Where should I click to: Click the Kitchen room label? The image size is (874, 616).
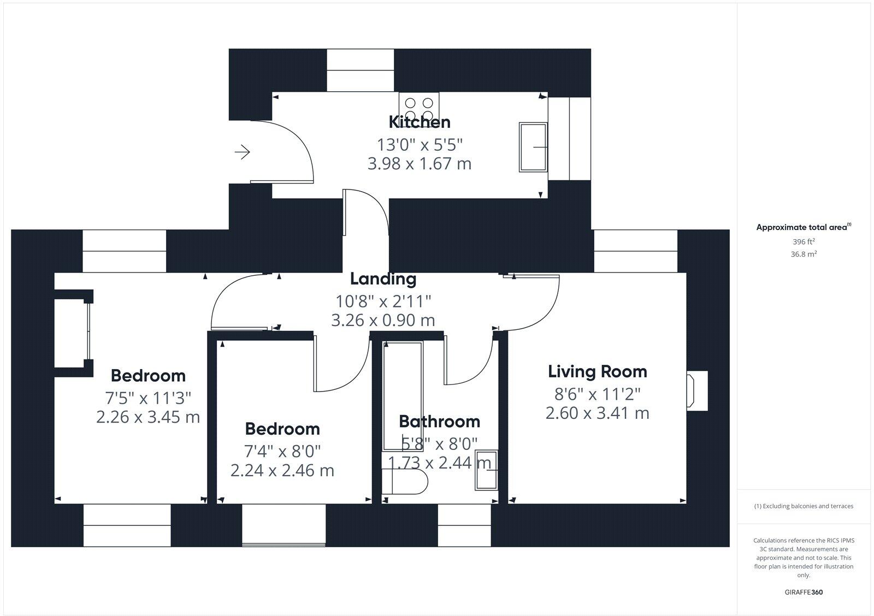[x=419, y=121]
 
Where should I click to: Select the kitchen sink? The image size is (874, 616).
[x=533, y=147]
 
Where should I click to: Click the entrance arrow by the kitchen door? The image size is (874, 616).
[x=242, y=152]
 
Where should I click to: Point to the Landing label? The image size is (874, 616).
[x=383, y=279]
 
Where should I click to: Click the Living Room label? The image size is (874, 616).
[x=597, y=371]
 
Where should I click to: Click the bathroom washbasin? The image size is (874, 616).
[x=486, y=470]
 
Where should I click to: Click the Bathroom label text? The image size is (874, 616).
[x=439, y=421]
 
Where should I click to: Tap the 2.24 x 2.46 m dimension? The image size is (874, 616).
[x=282, y=470]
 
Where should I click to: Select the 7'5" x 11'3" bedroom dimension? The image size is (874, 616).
[x=148, y=397]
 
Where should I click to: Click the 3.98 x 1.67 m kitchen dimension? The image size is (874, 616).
[x=419, y=163]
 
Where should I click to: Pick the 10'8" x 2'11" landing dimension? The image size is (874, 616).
[x=383, y=300]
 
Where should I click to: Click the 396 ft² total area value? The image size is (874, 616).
[x=804, y=241]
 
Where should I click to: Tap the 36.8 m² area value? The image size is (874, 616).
[x=804, y=254]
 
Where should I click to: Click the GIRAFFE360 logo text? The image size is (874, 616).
[x=804, y=592]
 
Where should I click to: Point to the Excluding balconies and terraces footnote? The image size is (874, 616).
[x=804, y=506]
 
